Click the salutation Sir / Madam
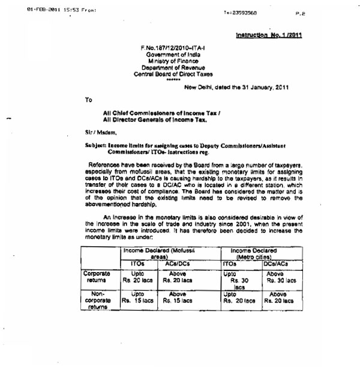[x=100, y=132]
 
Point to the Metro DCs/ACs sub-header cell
[x=277, y=263]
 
